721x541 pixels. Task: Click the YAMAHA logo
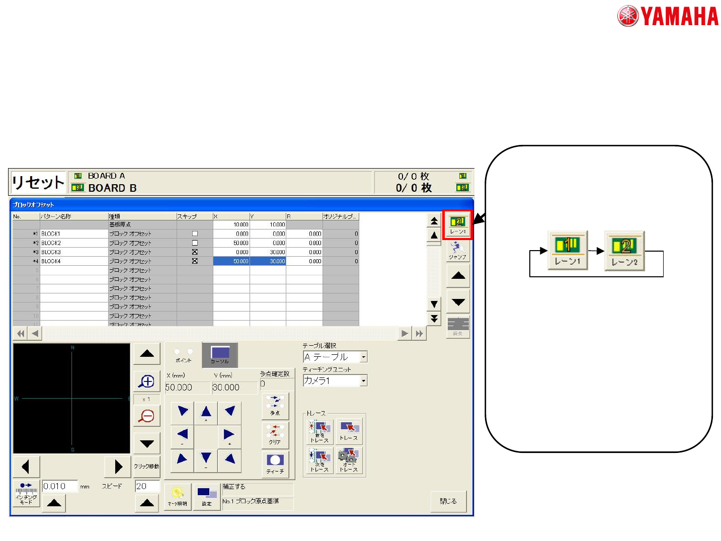click(668, 16)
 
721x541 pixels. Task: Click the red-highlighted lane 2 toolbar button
click(457, 224)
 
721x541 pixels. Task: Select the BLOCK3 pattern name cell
click(73, 252)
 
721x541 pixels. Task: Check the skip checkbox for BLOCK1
click(195, 234)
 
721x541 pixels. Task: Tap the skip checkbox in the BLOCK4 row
click(195, 261)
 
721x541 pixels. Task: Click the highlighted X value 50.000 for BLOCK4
click(231, 261)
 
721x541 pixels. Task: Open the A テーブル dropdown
click(364, 357)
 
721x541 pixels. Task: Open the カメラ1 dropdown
click(364, 381)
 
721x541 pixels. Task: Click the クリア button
click(275, 434)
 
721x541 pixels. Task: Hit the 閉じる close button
click(448, 501)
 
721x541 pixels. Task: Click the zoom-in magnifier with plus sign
click(146, 382)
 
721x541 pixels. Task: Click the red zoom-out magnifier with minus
click(146, 416)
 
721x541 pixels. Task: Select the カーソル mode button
click(220, 355)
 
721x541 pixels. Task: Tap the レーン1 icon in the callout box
click(568, 250)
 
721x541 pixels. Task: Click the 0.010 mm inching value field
click(60, 486)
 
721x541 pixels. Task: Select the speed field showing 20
click(147, 486)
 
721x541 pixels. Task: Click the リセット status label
click(38, 182)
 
